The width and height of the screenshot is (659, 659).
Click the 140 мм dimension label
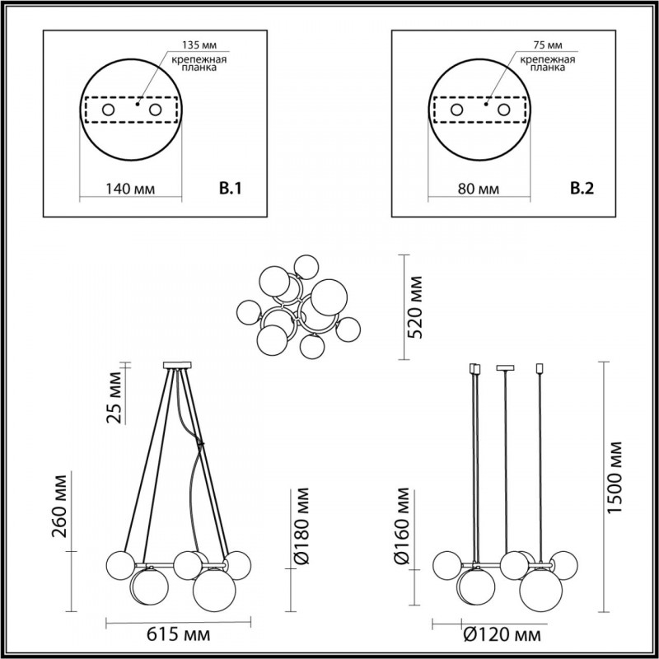coord(130,189)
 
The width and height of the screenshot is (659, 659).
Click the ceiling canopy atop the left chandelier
coord(178,365)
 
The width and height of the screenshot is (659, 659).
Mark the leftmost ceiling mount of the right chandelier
coord(474,368)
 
